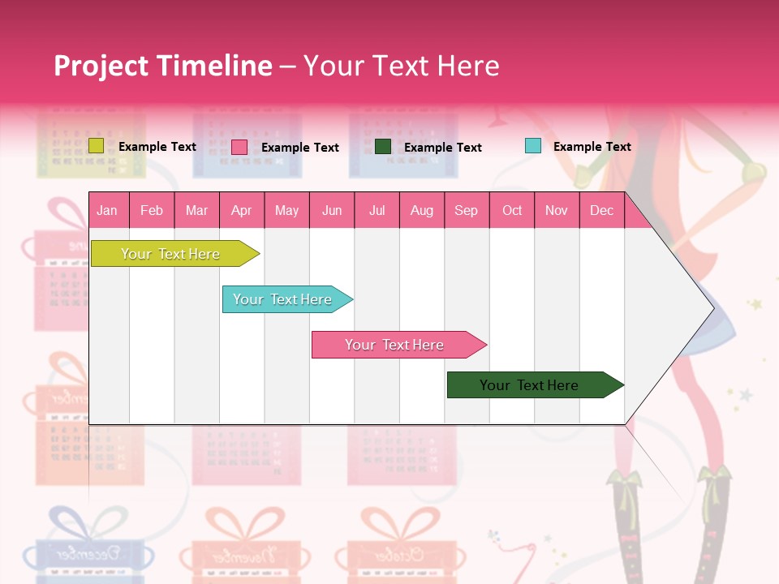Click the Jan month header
107,210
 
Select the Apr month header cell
241,210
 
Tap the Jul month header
377,210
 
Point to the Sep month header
466,210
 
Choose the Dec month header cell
601,210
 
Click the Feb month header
152,210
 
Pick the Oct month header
512,210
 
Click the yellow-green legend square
96,146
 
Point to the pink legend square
239,147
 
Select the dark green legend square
383,146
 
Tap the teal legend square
533,146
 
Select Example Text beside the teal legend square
592,146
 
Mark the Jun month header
332,210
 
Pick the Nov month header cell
557,210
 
